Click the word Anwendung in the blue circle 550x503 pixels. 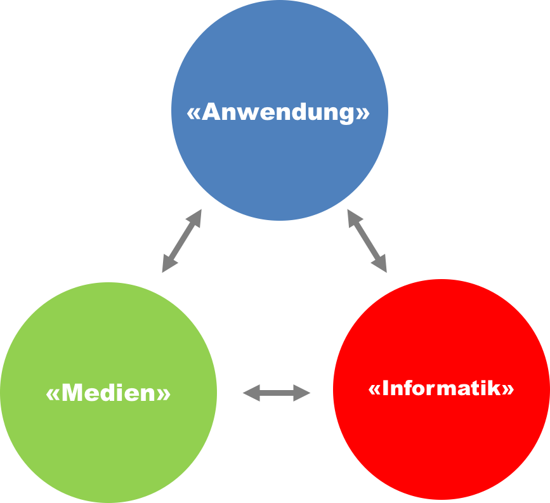pyautogui.click(x=278, y=112)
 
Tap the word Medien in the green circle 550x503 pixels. pyautogui.click(x=108, y=393)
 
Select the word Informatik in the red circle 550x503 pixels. pyautogui.click(x=442, y=388)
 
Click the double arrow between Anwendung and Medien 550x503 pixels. pyautogui.click(x=182, y=241)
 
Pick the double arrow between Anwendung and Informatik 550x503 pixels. pyautogui.click(x=367, y=240)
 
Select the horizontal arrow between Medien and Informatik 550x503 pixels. pyautogui.click(x=277, y=393)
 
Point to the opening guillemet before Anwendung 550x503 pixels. pyautogui.click(x=193, y=114)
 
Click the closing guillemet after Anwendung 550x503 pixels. pyautogui.click(x=363, y=114)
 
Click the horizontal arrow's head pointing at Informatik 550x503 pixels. pyautogui.click(x=303, y=393)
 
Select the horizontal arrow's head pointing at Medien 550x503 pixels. pyautogui.click(x=250, y=393)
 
